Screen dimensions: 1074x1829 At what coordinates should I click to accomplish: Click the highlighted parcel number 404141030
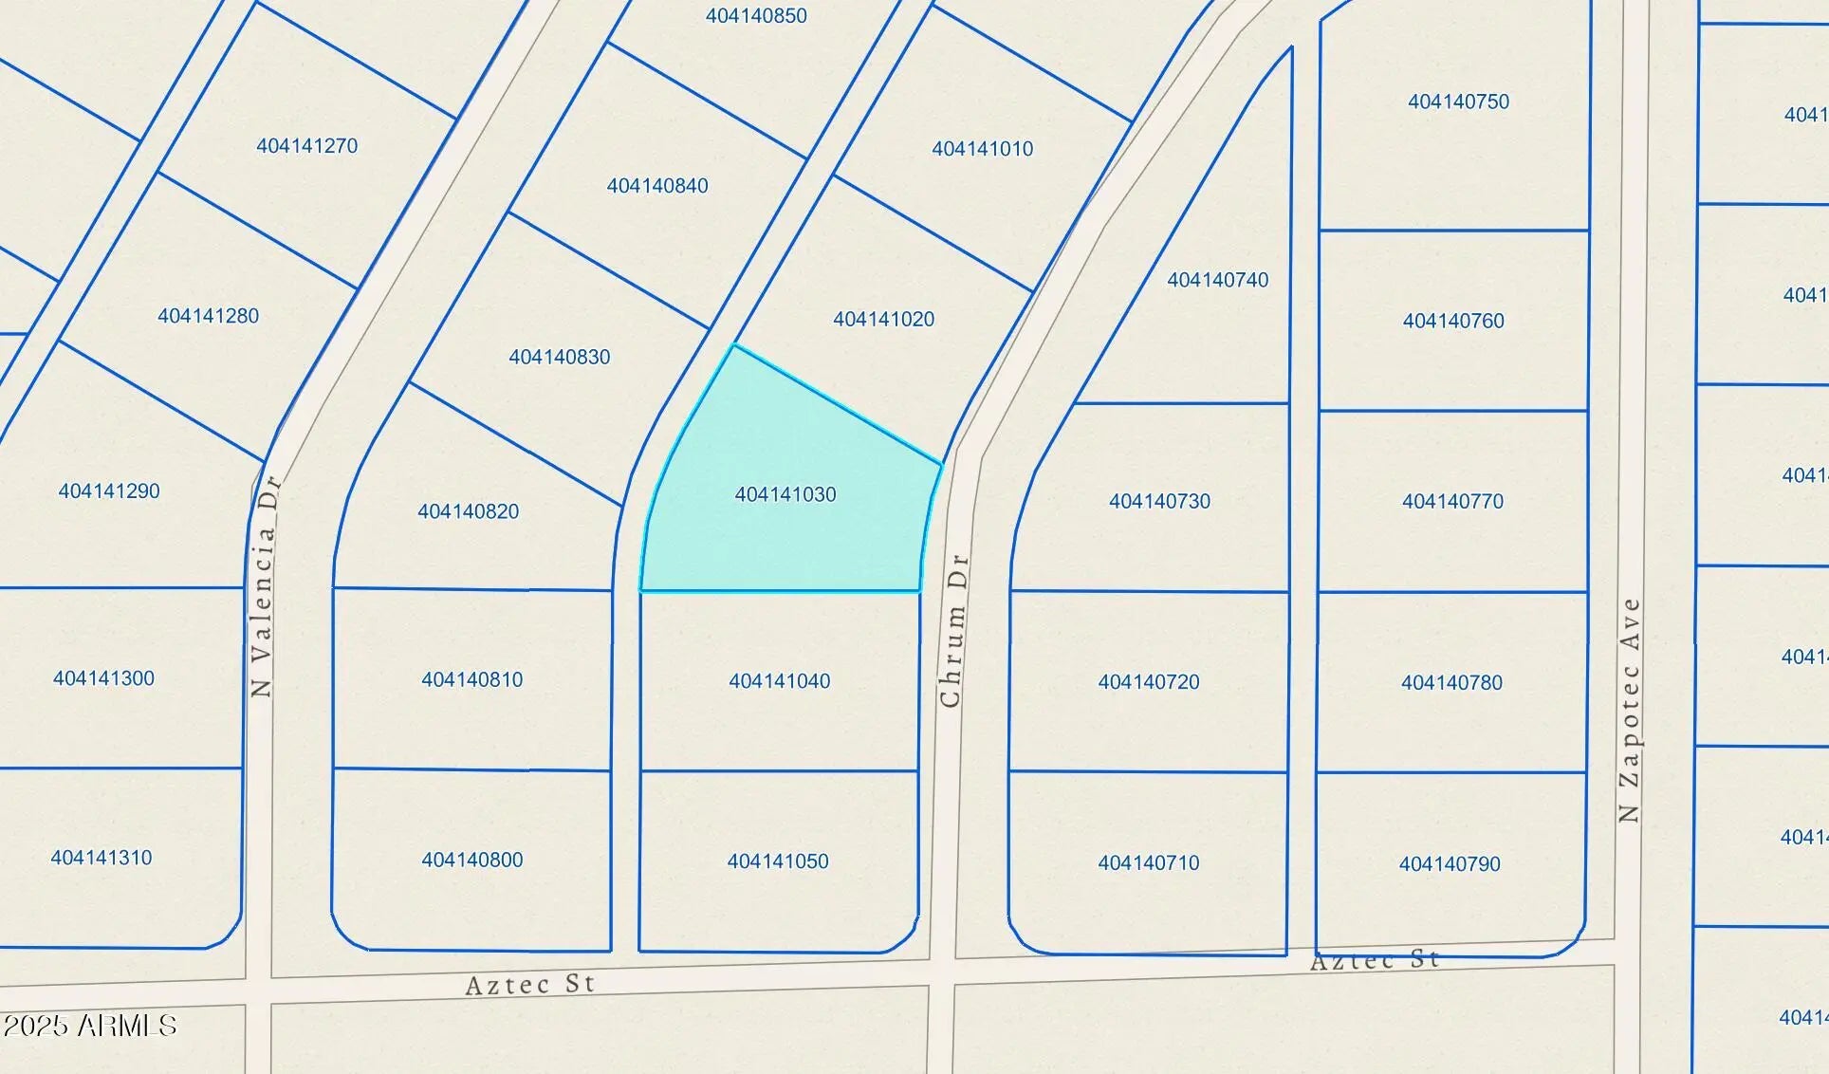point(785,494)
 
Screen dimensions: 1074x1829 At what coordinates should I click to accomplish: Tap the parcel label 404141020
point(883,320)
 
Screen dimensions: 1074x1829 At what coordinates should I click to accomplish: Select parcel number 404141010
point(982,149)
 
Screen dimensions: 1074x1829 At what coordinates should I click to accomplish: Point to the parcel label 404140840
point(657,186)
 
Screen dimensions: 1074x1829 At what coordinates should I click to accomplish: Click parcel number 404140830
point(559,358)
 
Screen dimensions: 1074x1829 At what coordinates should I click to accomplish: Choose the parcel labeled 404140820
point(468,511)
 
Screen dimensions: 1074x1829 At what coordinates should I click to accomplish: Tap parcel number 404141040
point(779,681)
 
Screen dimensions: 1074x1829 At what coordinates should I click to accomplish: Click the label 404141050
point(778,861)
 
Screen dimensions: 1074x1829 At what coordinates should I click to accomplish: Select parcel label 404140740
point(1217,280)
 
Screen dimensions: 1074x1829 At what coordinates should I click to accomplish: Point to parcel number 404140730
point(1159,501)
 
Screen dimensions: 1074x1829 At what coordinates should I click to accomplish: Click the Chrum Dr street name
point(952,631)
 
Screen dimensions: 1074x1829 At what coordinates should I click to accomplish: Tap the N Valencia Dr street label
point(264,586)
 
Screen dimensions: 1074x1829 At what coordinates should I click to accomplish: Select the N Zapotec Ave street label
point(1630,710)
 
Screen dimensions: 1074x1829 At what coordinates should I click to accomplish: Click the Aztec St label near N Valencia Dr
point(530,984)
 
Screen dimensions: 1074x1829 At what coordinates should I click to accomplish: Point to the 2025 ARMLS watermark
point(89,1026)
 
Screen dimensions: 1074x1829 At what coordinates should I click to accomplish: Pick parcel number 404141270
point(306,146)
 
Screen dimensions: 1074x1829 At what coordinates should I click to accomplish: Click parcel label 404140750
point(1458,102)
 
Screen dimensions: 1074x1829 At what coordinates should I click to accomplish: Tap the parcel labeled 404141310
point(101,858)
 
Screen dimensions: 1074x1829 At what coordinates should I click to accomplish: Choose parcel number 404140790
point(1450,863)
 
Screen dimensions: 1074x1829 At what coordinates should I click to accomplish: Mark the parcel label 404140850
point(756,16)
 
